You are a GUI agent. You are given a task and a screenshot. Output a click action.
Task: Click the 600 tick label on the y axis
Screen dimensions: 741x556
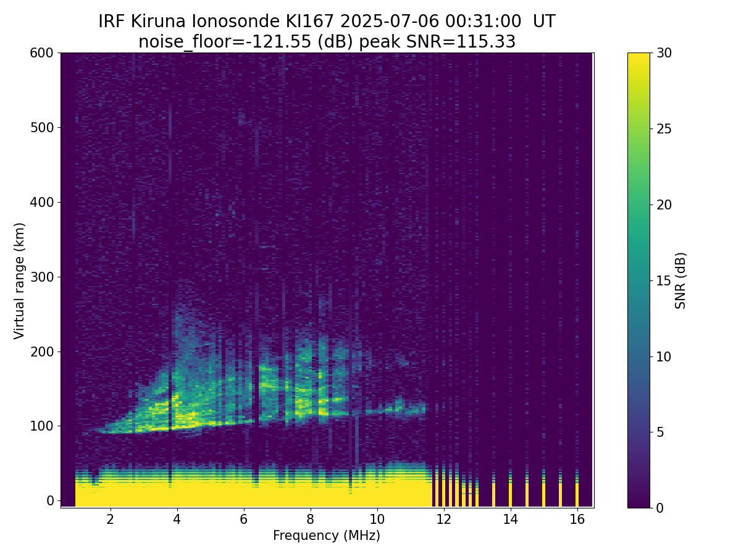click(41, 53)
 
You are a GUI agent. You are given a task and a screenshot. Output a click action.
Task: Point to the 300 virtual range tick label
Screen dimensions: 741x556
click(41, 277)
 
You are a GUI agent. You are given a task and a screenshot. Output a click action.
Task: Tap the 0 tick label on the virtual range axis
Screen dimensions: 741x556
click(50, 501)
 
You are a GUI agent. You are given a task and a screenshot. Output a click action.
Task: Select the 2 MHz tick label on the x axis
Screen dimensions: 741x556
click(111, 519)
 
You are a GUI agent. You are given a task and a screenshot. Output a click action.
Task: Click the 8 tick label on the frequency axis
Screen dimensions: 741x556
click(310, 519)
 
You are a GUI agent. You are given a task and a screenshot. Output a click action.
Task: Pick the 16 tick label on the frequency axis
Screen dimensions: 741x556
click(577, 519)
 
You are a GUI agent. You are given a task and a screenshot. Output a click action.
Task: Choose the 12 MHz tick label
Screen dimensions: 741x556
click(443, 519)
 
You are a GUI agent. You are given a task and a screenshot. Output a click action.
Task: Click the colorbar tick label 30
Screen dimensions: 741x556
click(664, 53)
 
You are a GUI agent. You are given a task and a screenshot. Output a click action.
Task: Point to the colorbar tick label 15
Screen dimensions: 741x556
click(664, 281)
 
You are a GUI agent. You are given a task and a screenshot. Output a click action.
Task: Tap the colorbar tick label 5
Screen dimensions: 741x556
click(660, 432)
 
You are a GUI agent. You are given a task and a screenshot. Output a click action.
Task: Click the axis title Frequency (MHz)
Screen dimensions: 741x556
click(327, 536)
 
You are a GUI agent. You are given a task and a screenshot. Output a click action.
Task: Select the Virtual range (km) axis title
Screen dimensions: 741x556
click(19, 281)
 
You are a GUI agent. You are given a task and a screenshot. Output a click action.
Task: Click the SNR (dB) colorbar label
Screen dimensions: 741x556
click(680, 281)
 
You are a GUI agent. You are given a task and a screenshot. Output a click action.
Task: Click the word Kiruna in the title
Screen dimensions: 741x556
click(158, 22)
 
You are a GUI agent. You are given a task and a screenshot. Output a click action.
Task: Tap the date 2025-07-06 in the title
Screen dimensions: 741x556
click(390, 22)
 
